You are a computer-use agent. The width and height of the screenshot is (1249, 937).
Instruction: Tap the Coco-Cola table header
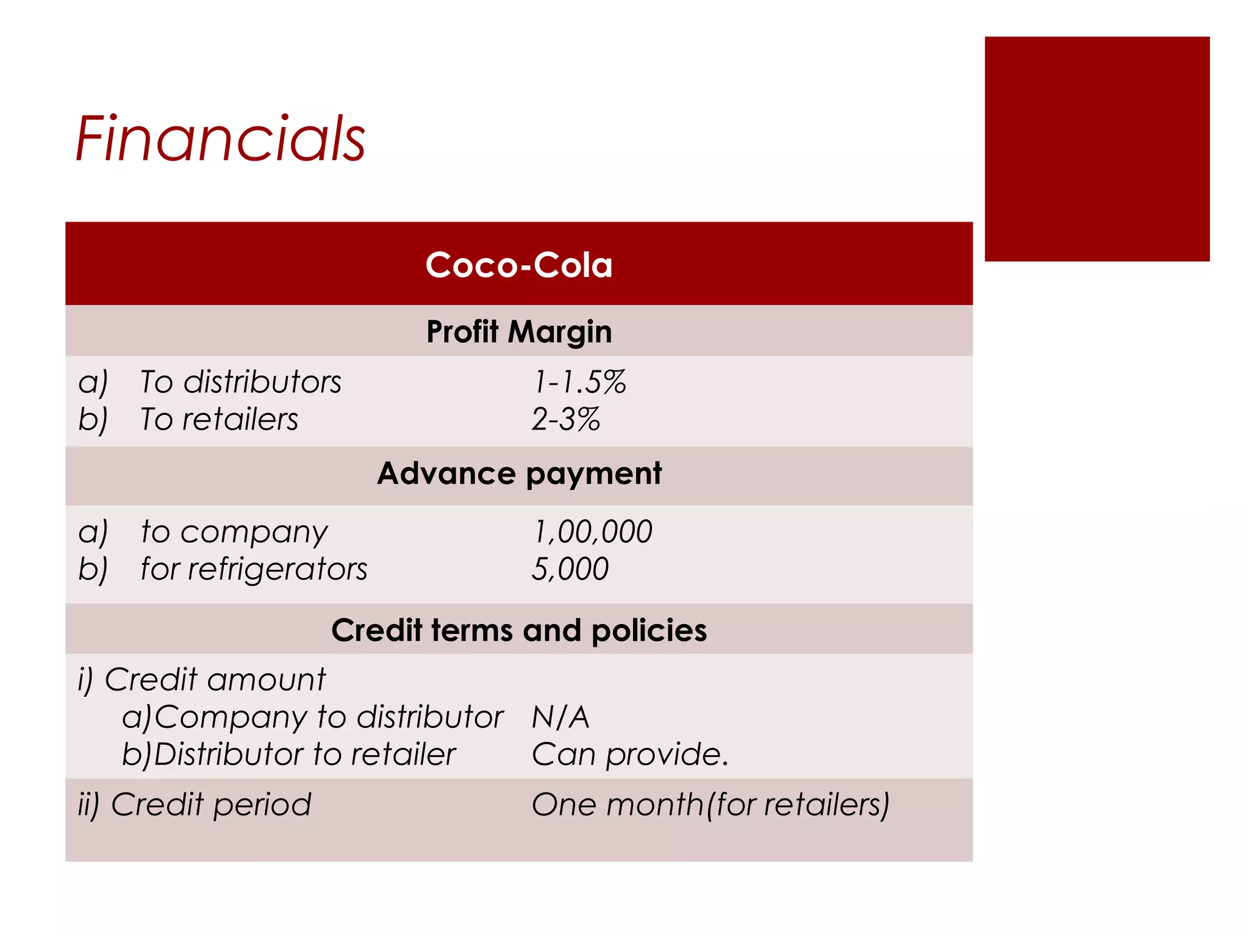click(x=518, y=265)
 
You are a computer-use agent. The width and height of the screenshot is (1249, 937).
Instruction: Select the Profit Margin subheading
click(x=518, y=332)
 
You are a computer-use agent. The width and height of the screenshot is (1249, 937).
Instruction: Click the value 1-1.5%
click(x=579, y=382)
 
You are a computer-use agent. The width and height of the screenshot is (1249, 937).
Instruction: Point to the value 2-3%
click(x=566, y=420)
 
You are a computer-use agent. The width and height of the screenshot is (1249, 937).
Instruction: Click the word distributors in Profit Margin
click(x=262, y=382)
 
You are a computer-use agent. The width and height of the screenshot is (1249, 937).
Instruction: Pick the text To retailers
click(x=220, y=420)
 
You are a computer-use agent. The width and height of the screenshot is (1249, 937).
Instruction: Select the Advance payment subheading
click(x=519, y=473)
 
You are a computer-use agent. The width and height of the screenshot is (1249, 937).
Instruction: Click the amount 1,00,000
click(x=592, y=531)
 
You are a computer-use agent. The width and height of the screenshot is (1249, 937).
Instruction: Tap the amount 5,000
click(x=570, y=569)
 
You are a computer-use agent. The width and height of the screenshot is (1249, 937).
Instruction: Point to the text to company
click(x=234, y=531)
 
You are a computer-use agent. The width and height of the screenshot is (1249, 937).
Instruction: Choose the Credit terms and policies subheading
click(x=519, y=630)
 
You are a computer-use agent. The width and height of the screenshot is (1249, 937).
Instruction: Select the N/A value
click(x=560, y=717)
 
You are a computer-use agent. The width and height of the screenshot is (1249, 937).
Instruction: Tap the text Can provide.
click(x=630, y=755)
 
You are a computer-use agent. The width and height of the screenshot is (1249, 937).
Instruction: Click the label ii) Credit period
click(x=195, y=805)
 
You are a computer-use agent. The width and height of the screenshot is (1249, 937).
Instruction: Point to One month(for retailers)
click(x=710, y=805)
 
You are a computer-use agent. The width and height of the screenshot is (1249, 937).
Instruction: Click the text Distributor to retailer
click(x=304, y=755)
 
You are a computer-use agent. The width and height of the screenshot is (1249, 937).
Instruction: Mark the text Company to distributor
click(x=329, y=717)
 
